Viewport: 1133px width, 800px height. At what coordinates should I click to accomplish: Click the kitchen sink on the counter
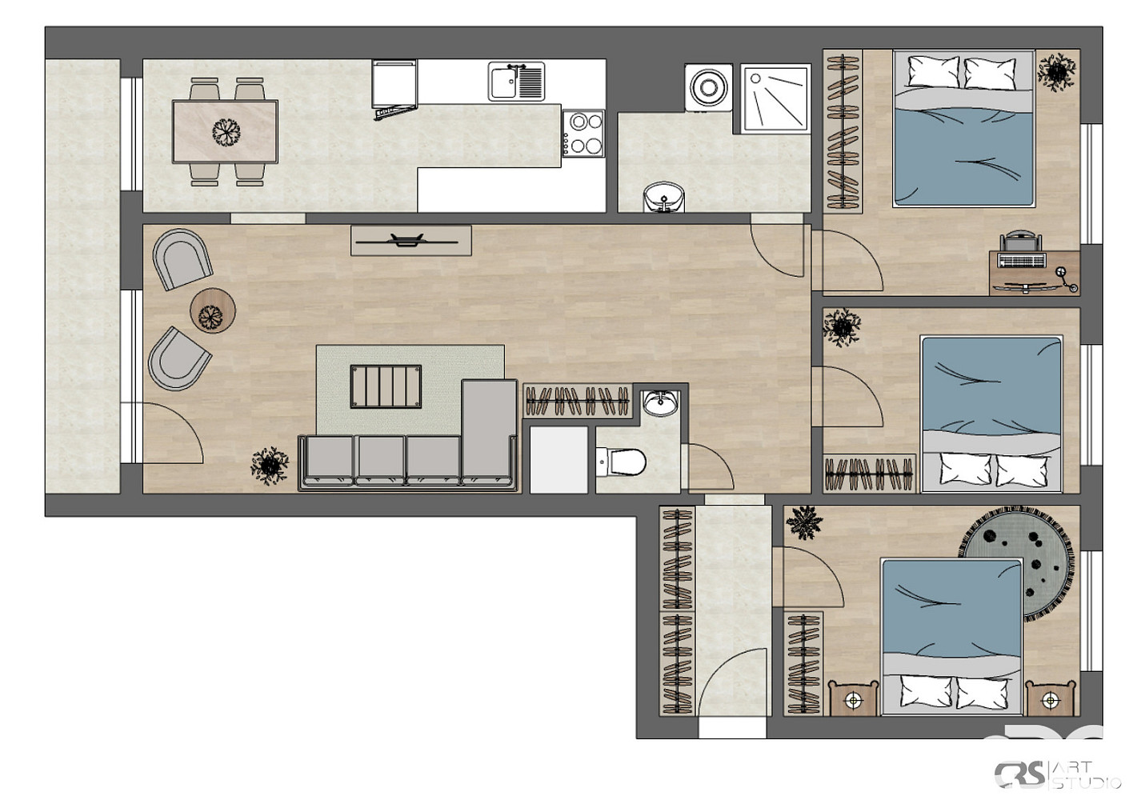(516, 82)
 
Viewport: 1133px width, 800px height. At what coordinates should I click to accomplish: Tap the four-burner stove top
(583, 134)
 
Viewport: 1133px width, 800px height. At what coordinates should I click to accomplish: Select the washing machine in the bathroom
(708, 87)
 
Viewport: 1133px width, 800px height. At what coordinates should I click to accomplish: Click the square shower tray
(775, 98)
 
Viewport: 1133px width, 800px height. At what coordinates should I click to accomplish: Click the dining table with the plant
(225, 131)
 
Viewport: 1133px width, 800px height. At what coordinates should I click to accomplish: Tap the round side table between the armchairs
(213, 310)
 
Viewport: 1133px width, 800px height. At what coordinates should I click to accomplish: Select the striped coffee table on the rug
(386, 386)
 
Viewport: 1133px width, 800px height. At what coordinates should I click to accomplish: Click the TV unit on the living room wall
(410, 241)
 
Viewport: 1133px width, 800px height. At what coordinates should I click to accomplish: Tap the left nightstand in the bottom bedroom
(853, 698)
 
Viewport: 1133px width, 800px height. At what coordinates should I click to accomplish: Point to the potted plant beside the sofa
(270, 466)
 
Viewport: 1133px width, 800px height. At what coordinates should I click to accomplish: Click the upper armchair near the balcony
(182, 259)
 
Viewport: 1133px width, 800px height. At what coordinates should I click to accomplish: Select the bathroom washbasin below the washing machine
(663, 197)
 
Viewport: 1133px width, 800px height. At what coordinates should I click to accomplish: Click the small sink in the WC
(660, 403)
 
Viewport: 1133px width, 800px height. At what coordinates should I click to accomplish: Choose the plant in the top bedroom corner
(1056, 72)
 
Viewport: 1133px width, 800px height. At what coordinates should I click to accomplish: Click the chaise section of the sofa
(489, 431)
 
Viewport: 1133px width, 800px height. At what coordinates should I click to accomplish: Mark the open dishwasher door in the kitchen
(395, 111)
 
